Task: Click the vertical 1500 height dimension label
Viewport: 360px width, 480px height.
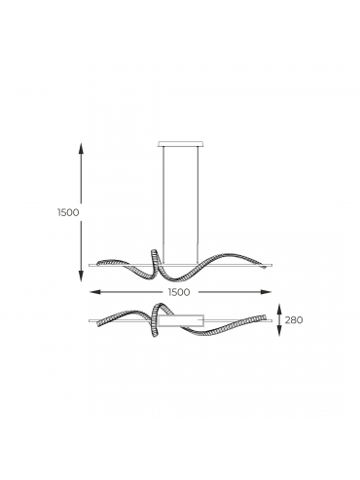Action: point(68,212)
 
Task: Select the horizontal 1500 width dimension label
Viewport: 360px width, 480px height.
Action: point(179,292)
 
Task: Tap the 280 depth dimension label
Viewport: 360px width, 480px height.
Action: point(294,320)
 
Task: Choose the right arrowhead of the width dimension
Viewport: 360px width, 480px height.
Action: point(266,292)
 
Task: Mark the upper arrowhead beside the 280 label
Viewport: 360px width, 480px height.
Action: point(280,310)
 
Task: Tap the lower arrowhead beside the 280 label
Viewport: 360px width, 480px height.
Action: point(280,331)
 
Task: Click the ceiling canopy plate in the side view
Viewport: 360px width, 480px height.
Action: point(180,144)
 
